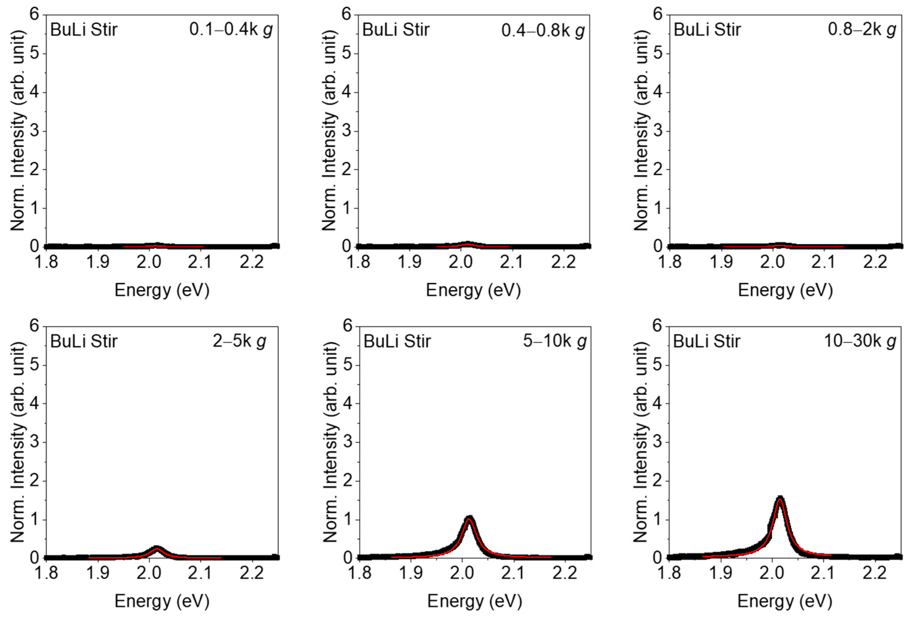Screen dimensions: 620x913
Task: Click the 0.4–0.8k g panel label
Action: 543,31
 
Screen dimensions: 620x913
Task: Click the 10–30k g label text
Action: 859,341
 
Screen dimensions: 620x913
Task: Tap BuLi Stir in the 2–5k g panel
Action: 84,341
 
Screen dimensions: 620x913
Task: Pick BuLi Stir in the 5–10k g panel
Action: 397,341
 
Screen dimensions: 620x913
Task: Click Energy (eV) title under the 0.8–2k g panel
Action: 785,290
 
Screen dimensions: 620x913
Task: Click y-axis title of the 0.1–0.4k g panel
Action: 18,130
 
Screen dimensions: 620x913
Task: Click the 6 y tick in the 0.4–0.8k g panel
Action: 346,15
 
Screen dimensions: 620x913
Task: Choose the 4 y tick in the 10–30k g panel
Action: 658,404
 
